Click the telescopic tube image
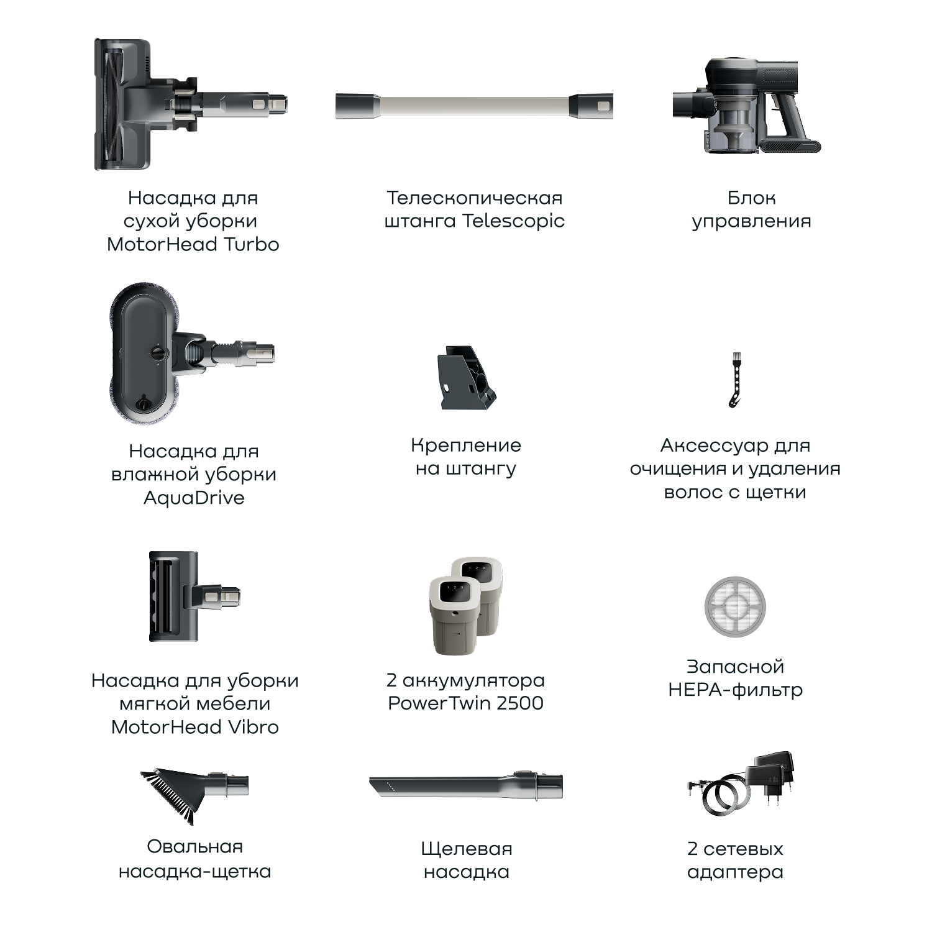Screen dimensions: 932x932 (474, 106)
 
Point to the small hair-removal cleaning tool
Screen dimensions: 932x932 (736, 380)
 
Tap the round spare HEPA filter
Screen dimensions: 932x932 (736, 607)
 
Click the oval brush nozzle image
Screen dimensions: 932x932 (194, 796)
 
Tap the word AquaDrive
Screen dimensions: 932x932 (194, 498)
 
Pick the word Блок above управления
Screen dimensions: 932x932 (751, 198)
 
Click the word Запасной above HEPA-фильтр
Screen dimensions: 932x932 (735, 667)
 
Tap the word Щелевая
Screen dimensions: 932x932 (467, 849)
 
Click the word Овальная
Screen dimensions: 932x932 (194, 847)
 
